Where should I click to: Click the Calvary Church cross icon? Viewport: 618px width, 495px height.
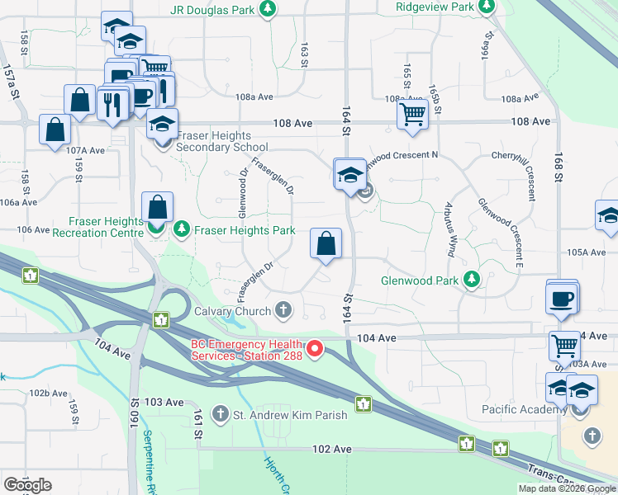[283, 311]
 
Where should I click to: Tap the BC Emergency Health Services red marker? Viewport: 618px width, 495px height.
[314, 350]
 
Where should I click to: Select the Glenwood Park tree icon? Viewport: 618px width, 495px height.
[472, 280]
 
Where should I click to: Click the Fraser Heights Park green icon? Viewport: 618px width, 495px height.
[181, 230]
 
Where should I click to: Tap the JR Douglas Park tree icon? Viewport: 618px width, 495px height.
[267, 9]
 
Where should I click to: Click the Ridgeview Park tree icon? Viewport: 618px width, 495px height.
[487, 7]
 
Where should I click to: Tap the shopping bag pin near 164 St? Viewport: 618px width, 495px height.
[326, 244]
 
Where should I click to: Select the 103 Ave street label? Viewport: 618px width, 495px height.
[163, 402]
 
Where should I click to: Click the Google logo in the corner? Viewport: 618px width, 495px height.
[27, 485]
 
